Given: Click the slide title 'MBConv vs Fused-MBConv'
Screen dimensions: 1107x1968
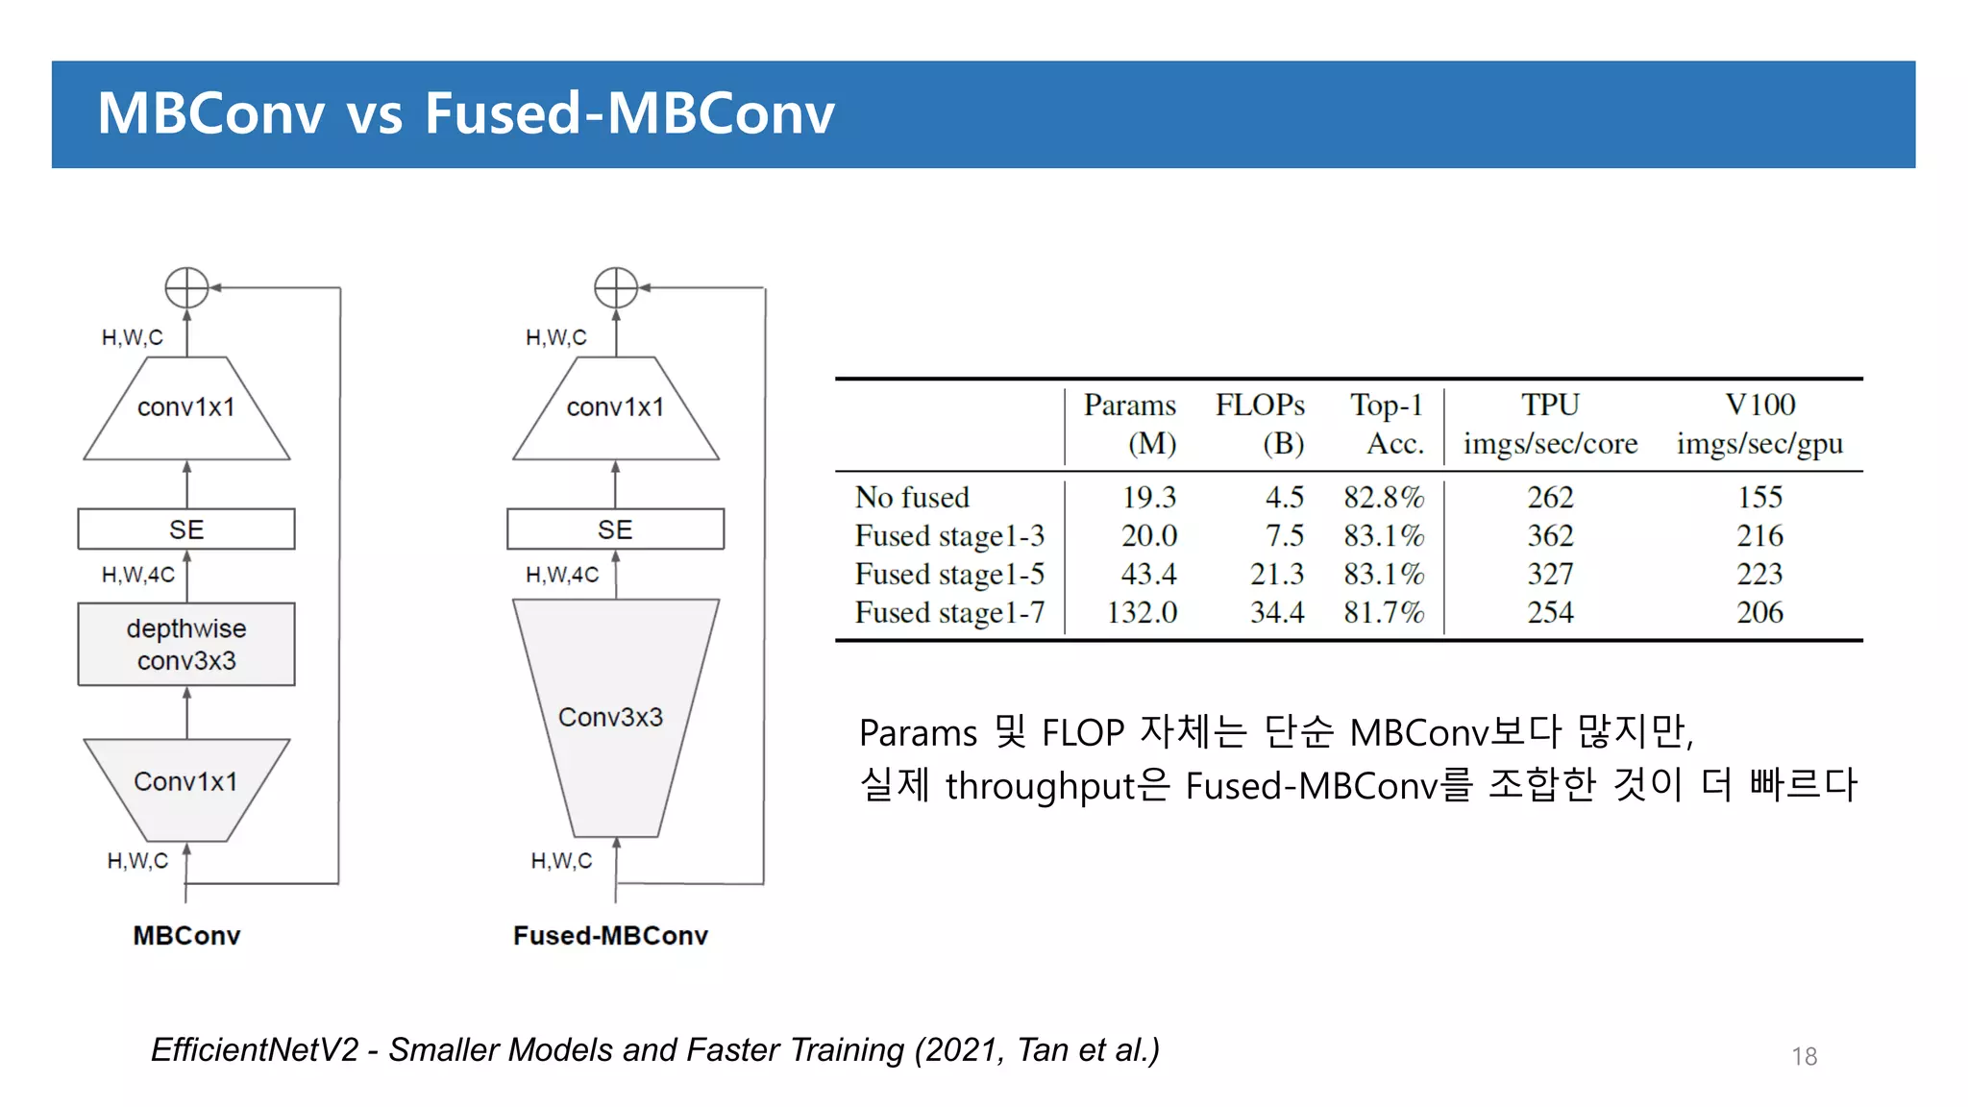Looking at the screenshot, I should [466, 113].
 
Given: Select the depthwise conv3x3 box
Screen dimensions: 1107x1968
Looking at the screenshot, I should [186, 644].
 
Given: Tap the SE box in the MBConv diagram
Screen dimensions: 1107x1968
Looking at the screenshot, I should [186, 529].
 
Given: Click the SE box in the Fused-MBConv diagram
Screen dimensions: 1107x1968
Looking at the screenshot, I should [615, 529].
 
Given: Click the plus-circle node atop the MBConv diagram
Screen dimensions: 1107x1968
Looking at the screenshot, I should [186, 287].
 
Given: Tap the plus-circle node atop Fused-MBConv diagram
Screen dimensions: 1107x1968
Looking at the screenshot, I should [616, 287].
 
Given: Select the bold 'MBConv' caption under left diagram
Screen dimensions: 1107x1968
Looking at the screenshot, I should [186, 935].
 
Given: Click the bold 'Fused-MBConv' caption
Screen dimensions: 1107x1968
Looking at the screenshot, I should [610, 935].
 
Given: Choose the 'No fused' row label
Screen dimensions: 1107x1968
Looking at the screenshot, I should [912, 497].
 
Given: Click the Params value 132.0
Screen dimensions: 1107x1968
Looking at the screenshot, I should [1142, 612].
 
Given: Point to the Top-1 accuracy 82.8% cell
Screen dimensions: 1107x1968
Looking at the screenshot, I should [1384, 497].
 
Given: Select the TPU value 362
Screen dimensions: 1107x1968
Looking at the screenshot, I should [1550, 535].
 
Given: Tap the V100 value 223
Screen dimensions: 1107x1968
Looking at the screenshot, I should [1759, 574].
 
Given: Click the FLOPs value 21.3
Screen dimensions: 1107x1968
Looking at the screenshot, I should [1276, 574].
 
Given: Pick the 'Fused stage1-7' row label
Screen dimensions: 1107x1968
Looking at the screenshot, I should [949, 612].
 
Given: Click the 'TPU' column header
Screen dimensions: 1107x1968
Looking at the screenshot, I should [1550, 405].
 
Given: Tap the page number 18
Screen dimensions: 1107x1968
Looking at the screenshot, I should [1804, 1056].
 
